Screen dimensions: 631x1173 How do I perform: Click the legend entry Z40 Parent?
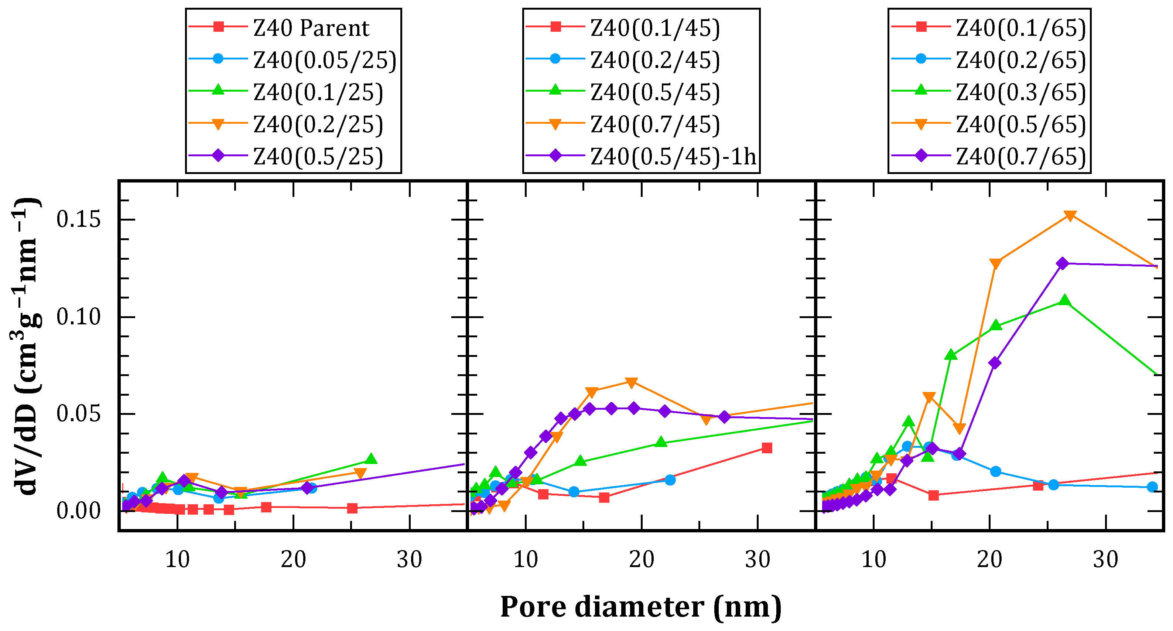(311, 28)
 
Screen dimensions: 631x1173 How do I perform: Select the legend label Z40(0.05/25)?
(325, 60)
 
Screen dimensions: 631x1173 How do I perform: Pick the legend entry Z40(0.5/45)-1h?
(673, 157)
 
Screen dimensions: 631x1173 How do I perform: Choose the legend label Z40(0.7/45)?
(655, 125)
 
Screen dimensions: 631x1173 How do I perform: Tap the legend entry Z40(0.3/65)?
(1021, 92)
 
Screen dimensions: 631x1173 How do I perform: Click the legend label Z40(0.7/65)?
(1021, 157)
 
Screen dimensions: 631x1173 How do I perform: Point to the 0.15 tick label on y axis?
(78, 219)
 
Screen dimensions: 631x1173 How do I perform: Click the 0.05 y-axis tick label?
(78, 414)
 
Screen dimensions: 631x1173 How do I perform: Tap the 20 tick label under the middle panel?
(641, 559)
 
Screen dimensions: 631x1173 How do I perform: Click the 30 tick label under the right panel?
(1106, 559)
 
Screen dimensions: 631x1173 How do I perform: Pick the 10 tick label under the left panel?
(177, 559)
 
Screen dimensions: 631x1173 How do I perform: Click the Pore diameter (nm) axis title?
(641, 607)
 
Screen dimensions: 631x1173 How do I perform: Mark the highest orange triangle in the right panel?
(1071, 215)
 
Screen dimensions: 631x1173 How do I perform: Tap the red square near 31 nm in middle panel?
(767, 448)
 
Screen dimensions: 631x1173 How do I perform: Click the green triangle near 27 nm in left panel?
(371, 459)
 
